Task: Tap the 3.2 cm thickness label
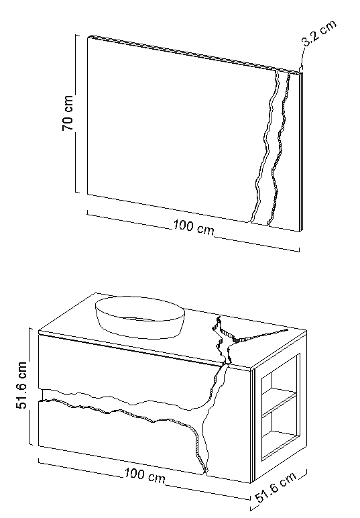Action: click(319, 33)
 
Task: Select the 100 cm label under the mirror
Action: click(194, 227)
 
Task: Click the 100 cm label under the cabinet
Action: click(145, 475)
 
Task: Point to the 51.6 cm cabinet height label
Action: click(21, 386)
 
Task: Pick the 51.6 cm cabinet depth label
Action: click(276, 487)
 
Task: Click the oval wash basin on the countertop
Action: click(140, 317)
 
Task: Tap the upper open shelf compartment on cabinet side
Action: click(279, 383)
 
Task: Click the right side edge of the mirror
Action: click(300, 151)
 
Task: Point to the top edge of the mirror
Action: click(194, 53)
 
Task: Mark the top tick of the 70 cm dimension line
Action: click(77, 35)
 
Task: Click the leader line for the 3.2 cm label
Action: click(301, 58)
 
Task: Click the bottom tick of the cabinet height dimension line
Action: click(31, 444)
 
